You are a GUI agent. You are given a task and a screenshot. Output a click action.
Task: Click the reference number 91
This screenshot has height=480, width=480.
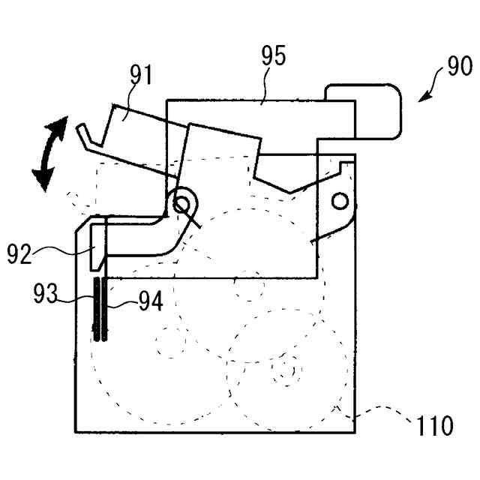click(x=140, y=76)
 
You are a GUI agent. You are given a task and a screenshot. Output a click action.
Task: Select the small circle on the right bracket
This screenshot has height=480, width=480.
click(x=340, y=200)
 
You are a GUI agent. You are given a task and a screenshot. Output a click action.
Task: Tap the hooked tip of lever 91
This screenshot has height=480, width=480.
click(x=83, y=133)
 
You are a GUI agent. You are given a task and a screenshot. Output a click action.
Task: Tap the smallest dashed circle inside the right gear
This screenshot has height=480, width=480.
click(x=286, y=370)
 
